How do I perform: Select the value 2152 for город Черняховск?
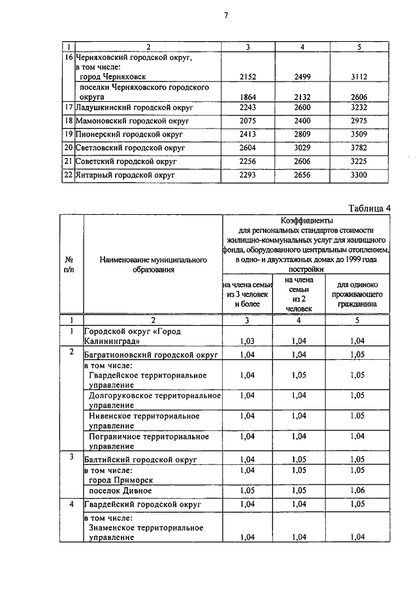[x=248, y=76]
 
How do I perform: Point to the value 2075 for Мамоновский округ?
[x=248, y=121]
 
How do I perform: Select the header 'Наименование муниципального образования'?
[x=153, y=264]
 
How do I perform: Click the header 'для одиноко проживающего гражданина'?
[x=357, y=294]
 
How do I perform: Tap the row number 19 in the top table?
[x=67, y=135]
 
